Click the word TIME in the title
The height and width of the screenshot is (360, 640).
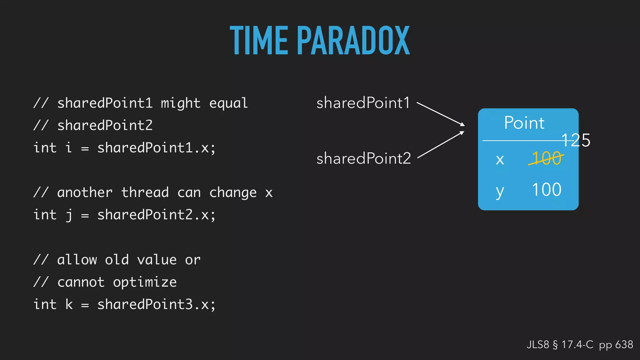click(x=259, y=41)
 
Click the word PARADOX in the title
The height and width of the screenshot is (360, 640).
click(x=353, y=41)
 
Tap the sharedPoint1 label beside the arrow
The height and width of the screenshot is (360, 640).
click(x=363, y=103)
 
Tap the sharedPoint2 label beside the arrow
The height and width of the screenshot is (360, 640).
click(x=363, y=158)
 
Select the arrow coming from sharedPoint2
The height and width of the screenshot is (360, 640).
click(x=441, y=145)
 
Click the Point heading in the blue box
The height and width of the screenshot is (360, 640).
click(x=524, y=123)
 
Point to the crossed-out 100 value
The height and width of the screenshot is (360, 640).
click(x=546, y=158)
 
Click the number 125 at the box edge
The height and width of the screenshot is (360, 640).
click(x=576, y=140)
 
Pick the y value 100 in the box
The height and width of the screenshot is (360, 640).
click(x=546, y=190)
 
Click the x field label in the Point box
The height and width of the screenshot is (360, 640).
click(x=500, y=160)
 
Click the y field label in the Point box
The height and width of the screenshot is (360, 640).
click(x=500, y=191)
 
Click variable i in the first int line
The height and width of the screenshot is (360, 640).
click(x=69, y=147)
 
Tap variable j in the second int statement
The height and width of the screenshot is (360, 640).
click(x=69, y=215)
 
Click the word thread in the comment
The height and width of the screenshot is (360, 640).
click(x=145, y=192)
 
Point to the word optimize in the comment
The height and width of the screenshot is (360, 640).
click(x=145, y=282)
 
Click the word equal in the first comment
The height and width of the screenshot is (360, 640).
click(x=228, y=103)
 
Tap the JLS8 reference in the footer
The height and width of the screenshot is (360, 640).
click(x=537, y=345)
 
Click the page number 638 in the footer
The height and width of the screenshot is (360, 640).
click(x=624, y=345)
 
